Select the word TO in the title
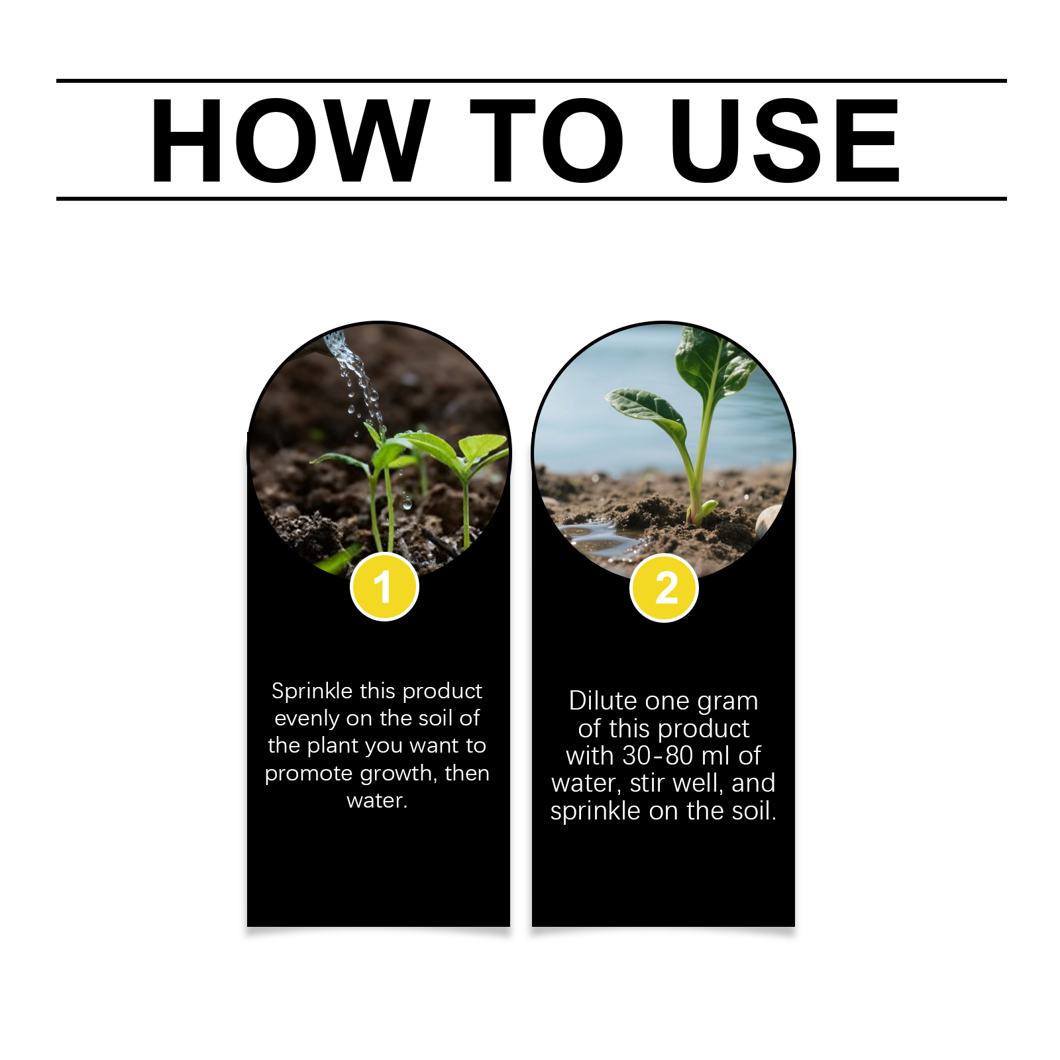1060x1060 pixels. tap(547, 140)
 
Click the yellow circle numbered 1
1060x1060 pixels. tap(384, 587)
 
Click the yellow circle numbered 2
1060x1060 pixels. tap(664, 588)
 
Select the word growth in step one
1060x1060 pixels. tap(395, 774)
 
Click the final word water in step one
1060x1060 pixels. tap(376, 801)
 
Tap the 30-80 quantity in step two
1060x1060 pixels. tap(658, 756)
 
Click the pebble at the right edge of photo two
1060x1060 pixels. tap(768, 520)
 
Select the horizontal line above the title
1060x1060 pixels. tap(531, 81)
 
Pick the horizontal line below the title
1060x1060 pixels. tap(531, 198)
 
